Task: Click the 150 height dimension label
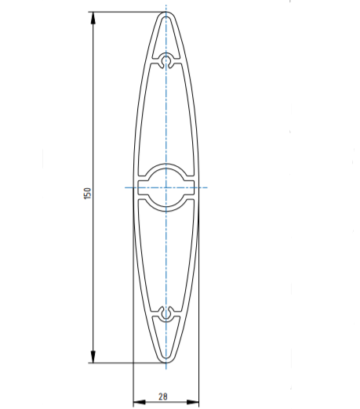tap(89, 192)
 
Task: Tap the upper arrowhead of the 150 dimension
tap(93, 16)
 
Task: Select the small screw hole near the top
tap(166, 60)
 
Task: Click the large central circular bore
tap(166, 187)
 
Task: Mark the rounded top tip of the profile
tap(166, 13)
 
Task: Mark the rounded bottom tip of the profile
tap(166, 362)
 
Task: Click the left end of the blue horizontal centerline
tap(125, 187)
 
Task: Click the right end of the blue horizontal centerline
tap(207, 187)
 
